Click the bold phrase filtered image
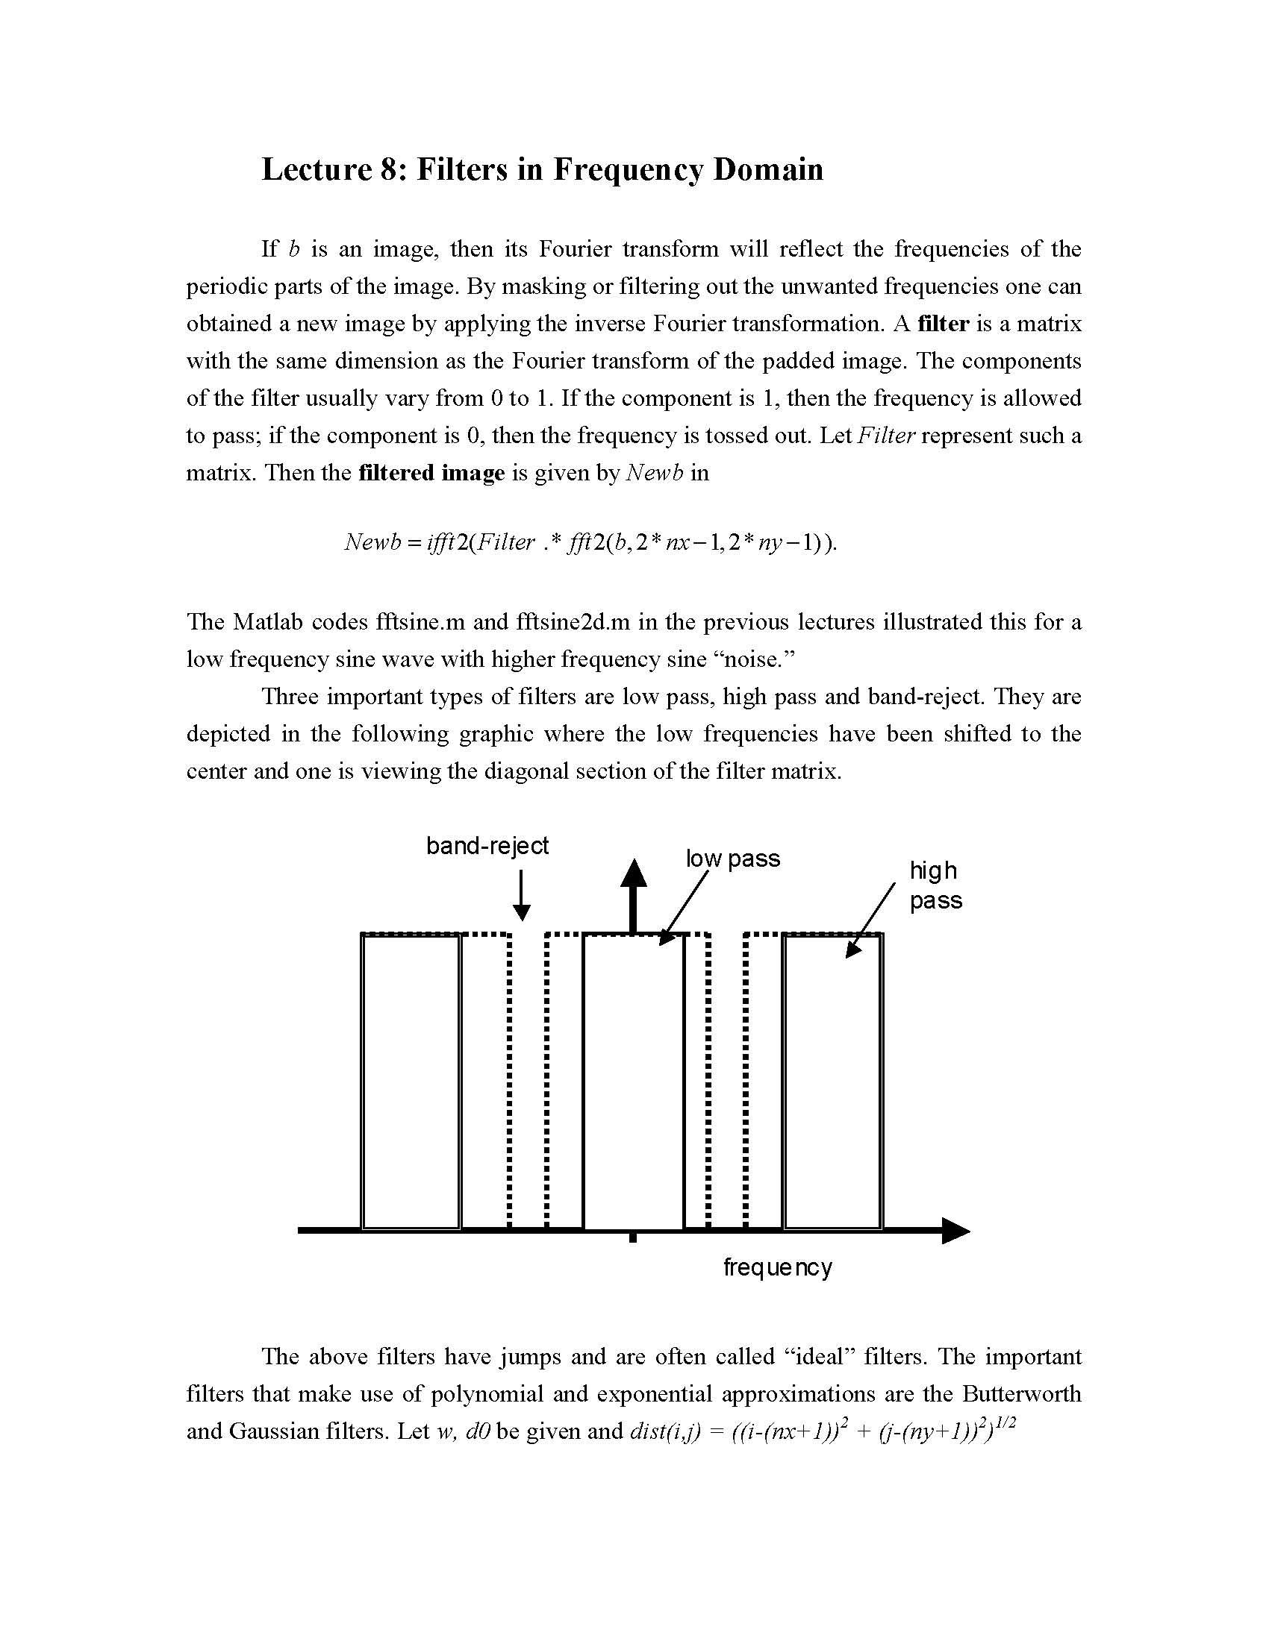point(431,474)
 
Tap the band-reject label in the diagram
point(487,846)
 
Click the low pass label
point(732,859)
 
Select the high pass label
point(935,885)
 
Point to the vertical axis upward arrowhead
point(633,874)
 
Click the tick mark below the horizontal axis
point(633,1238)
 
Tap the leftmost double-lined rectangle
point(411,1082)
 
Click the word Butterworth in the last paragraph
point(1022,1394)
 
